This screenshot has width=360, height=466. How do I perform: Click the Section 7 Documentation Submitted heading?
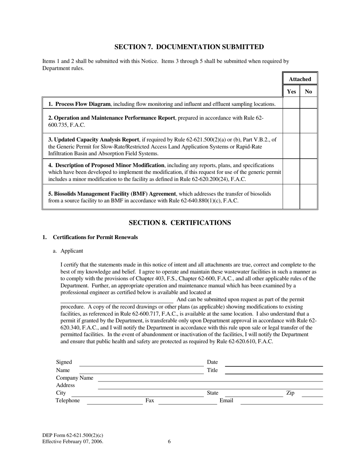pyautogui.click(x=189, y=47)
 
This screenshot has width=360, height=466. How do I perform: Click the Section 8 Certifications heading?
pyautogui.click(x=180, y=223)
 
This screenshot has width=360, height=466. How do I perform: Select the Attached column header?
pyautogui.click(x=300, y=79)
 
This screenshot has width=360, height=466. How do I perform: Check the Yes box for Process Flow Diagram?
pyautogui.click(x=291, y=103)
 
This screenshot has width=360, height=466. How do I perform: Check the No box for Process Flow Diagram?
pyautogui.click(x=308, y=103)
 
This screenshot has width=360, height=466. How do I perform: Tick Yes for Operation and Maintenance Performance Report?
pyautogui.click(x=291, y=121)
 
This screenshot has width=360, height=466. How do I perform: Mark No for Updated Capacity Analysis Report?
pyautogui.click(x=308, y=146)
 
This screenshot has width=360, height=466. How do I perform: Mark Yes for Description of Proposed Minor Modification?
pyautogui.click(x=291, y=171)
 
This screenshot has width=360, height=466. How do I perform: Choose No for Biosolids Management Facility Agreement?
pyautogui.click(x=308, y=197)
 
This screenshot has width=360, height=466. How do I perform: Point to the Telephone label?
pyautogui.click(x=68, y=400)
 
